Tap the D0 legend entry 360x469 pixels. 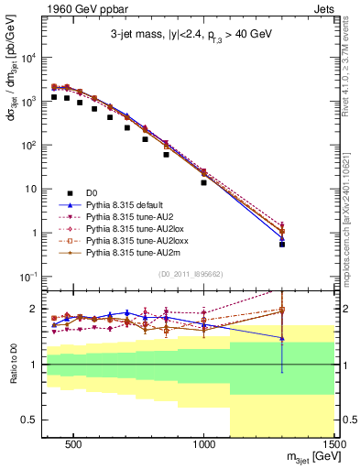[91, 193]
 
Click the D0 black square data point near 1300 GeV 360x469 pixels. [282, 245]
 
